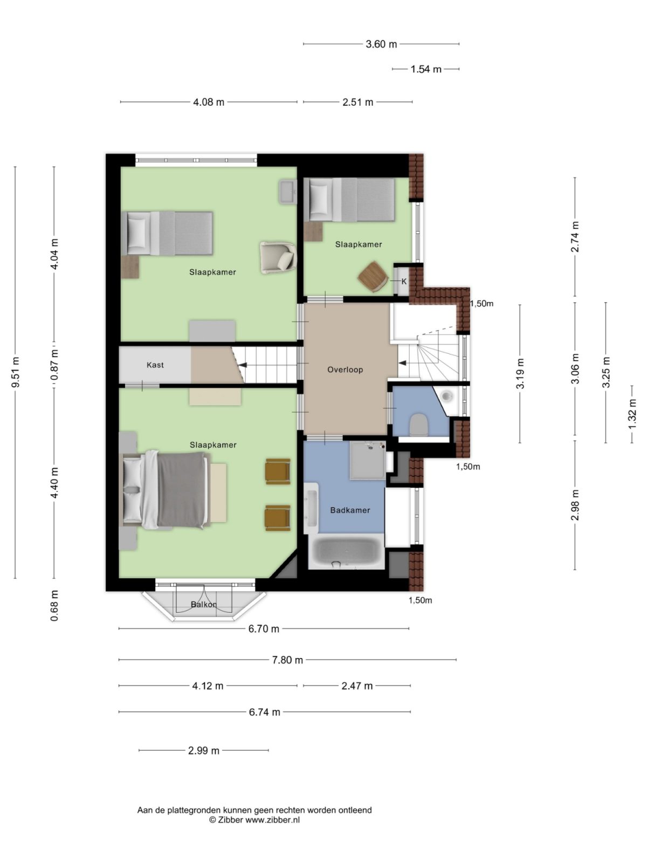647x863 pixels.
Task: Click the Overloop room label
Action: click(x=345, y=370)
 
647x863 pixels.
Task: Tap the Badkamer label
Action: click(x=350, y=510)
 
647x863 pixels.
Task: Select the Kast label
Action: click(x=155, y=365)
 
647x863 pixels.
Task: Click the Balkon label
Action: click(x=204, y=605)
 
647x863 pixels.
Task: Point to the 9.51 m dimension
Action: click(x=16, y=372)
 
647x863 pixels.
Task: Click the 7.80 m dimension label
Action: click(x=287, y=660)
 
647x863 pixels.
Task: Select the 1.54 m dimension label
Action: click(x=426, y=69)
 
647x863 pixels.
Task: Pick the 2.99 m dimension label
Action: click(x=204, y=750)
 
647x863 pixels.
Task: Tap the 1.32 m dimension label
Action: click(x=632, y=414)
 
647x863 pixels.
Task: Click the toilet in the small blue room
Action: click(x=418, y=424)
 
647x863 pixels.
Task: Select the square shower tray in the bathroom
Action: click(x=368, y=460)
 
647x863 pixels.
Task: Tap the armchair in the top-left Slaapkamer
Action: click(x=278, y=257)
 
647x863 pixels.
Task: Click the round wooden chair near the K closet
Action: click(x=373, y=276)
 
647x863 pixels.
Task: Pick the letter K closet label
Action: click(x=404, y=282)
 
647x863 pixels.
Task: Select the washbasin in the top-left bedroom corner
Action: click(x=287, y=191)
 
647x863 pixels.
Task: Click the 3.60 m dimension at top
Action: click(x=381, y=44)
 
